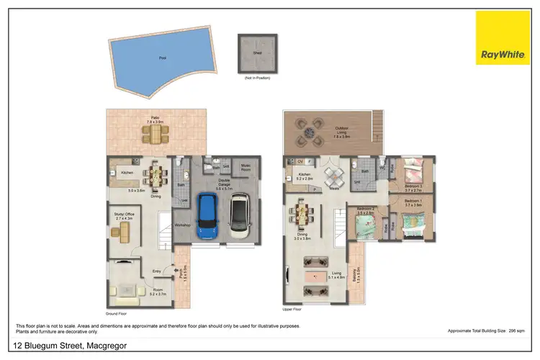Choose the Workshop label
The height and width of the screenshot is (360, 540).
[x=182, y=225]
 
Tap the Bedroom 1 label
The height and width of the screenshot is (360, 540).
[x=413, y=202]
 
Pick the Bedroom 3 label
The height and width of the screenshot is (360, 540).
[x=413, y=187]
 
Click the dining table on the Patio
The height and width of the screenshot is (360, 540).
[x=155, y=133]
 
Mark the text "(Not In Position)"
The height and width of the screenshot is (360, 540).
[x=256, y=76]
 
